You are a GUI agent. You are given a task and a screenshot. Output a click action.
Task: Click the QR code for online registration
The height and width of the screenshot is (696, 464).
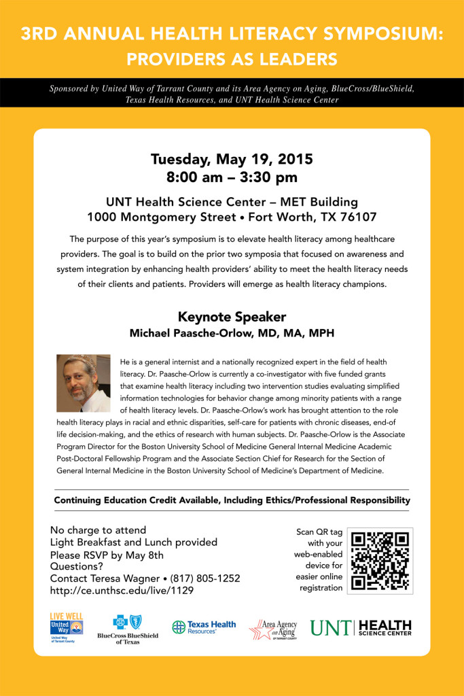pyautogui.click(x=380, y=561)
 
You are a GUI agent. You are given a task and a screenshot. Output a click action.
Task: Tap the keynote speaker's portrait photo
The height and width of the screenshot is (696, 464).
pyautogui.click(x=84, y=383)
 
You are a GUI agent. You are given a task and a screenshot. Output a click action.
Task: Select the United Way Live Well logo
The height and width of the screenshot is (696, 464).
pyautogui.click(x=67, y=627)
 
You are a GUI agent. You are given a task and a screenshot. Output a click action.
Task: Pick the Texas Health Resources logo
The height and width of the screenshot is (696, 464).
pyautogui.click(x=204, y=627)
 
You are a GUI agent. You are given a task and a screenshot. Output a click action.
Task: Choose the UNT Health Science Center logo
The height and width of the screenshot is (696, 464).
pyautogui.click(x=361, y=627)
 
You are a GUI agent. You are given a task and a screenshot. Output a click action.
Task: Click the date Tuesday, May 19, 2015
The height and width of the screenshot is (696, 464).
pyautogui.click(x=232, y=160)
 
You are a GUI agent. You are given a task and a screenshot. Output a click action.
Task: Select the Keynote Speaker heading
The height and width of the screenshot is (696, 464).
pyautogui.click(x=232, y=317)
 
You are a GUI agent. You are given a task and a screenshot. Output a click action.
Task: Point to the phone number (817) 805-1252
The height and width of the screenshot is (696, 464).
pyautogui.click(x=205, y=578)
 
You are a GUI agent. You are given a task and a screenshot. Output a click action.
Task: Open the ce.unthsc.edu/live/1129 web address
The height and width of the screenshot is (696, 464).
pyautogui.click(x=122, y=591)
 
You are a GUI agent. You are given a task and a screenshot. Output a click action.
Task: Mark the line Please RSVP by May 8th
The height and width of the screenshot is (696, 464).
pyautogui.click(x=107, y=555)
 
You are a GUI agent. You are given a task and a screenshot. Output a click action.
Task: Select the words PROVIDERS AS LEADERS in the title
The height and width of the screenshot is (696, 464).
pyautogui.click(x=232, y=58)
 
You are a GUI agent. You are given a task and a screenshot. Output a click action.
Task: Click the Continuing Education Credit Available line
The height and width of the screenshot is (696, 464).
pyautogui.click(x=232, y=500)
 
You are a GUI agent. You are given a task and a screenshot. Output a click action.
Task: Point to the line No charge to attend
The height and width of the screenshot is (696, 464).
pyautogui.click(x=99, y=530)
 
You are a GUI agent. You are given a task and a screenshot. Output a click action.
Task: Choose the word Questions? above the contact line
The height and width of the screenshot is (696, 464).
pyautogui.click(x=77, y=566)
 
